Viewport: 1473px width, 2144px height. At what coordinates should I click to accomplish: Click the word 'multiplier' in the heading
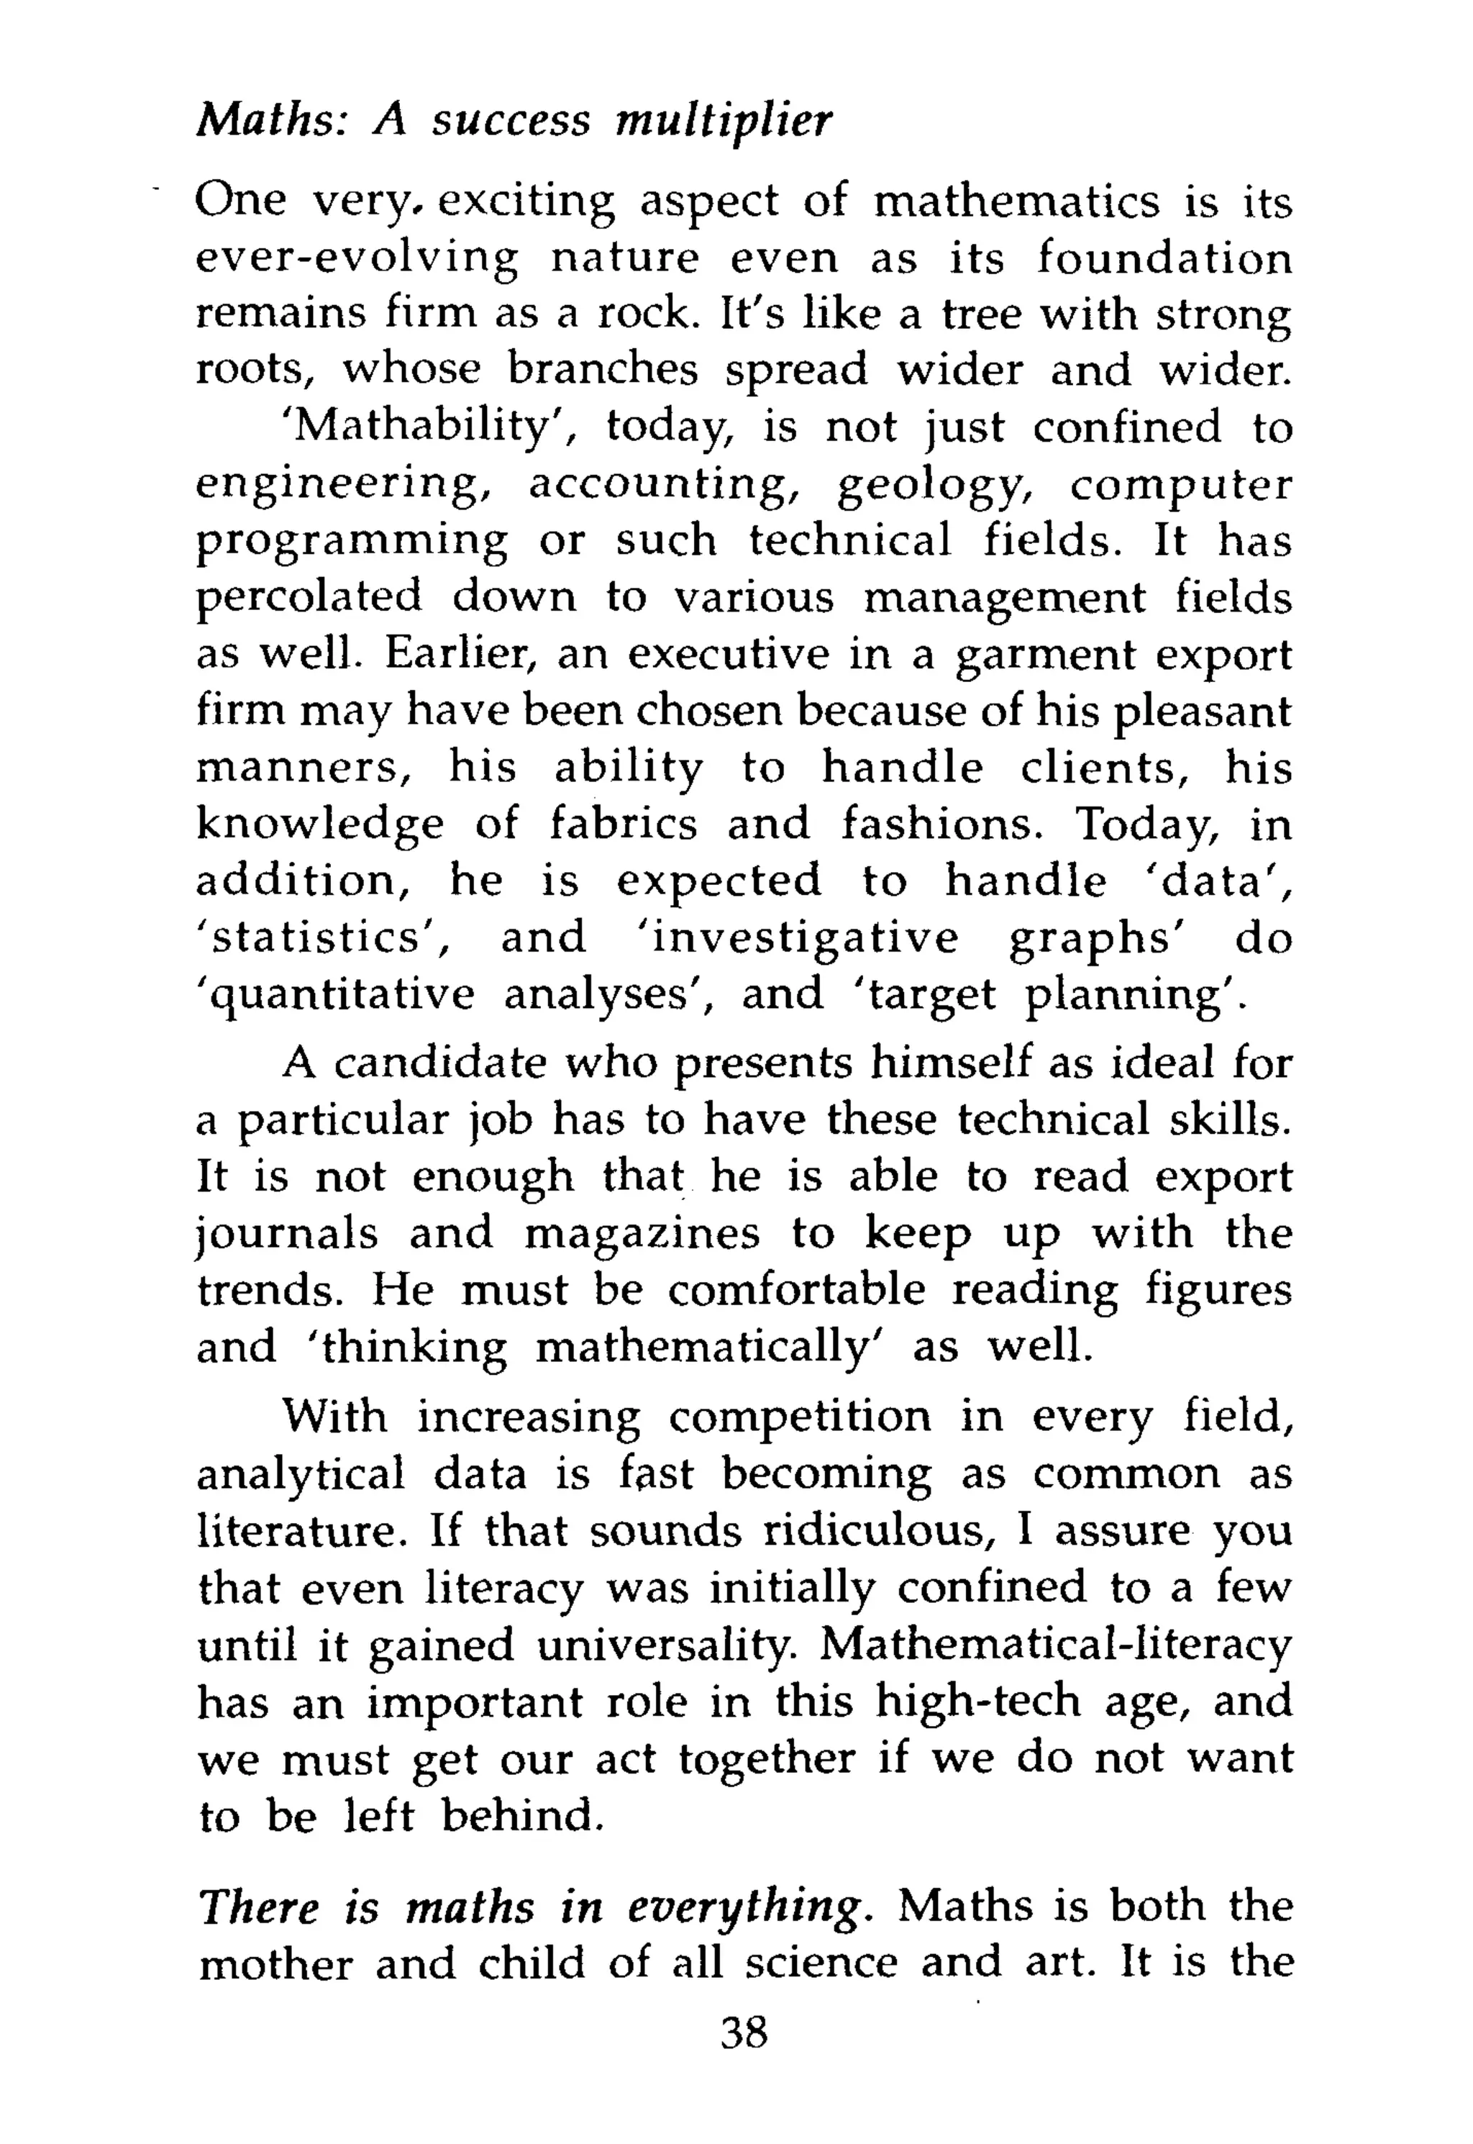(724, 121)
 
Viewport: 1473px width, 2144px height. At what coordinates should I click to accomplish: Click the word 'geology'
(933, 486)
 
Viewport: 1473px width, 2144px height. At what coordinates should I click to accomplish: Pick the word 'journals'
(288, 1234)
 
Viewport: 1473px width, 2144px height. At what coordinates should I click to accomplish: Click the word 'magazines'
(642, 1234)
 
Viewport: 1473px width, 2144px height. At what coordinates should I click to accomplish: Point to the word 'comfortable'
(796, 1289)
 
